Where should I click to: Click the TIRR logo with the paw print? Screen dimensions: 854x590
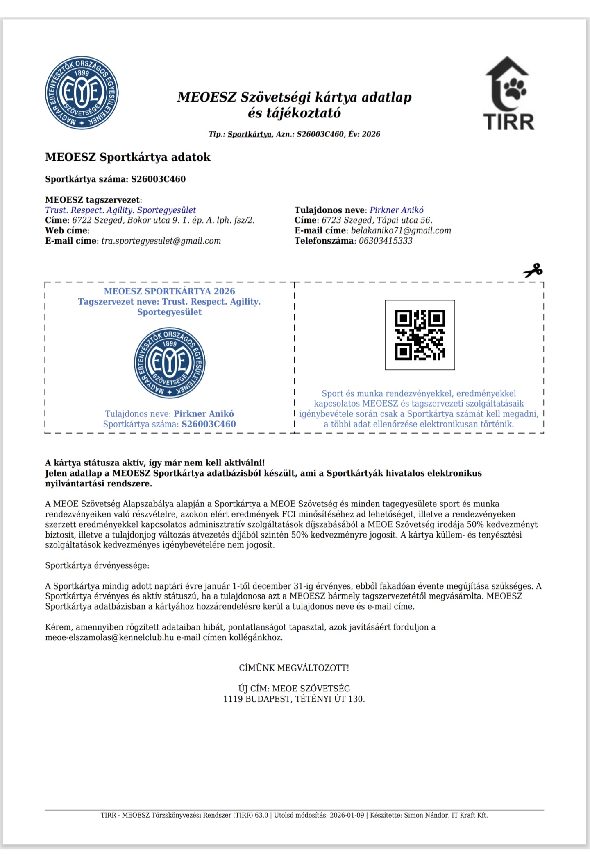click(509, 93)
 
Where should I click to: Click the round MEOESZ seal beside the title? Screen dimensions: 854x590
click(82, 93)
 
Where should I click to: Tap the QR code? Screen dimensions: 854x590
click(420, 335)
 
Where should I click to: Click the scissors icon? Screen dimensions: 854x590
click(533, 271)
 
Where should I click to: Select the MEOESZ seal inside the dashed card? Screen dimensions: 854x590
click(170, 363)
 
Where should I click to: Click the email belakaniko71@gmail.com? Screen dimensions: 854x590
click(401, 230)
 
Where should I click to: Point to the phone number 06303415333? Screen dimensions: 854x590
click(386, 241)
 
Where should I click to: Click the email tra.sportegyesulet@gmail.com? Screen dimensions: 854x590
click(161, 241)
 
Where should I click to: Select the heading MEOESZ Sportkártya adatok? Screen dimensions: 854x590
click(128, 157)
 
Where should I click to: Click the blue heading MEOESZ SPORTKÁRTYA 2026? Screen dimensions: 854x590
click(170, 291)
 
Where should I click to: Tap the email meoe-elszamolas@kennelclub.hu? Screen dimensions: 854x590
click(110, 637)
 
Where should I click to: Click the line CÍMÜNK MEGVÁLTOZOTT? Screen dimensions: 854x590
click(294, 668)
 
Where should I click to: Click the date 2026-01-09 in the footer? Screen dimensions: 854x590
click(348, 815)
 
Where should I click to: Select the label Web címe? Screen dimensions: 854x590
click(66, 230)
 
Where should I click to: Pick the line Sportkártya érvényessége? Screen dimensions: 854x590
click(98, 566)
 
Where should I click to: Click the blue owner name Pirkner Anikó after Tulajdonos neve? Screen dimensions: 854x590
click(397, 210)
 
